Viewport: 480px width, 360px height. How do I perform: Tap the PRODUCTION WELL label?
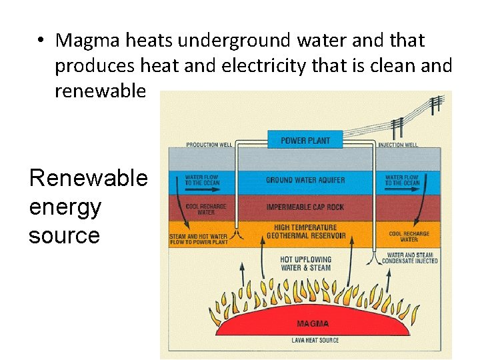point(209,145)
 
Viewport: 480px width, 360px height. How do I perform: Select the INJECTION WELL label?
point(398,145)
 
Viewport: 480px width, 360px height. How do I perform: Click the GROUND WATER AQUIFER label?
point(305,180)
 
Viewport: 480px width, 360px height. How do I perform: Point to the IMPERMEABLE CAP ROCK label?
point(305,207)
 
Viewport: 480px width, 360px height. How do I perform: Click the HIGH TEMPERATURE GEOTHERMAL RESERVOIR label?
point(306,231)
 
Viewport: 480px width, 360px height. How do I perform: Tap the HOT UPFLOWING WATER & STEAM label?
point(306,263)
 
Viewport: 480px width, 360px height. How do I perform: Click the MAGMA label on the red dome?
point(312,324)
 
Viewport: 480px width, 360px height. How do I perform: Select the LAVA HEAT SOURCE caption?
point(314,340)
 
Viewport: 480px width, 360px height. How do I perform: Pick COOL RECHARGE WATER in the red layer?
point(205,209)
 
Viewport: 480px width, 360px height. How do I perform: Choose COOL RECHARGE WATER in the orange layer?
point(409,237)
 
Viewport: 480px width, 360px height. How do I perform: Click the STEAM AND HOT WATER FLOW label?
point(198,239)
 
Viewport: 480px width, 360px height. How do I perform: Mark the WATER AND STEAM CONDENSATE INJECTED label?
point(409,257)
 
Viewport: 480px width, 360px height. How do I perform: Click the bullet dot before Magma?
point(41,41)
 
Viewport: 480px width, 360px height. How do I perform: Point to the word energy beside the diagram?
point(65,207)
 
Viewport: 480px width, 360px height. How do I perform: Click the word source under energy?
point(64,235)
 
